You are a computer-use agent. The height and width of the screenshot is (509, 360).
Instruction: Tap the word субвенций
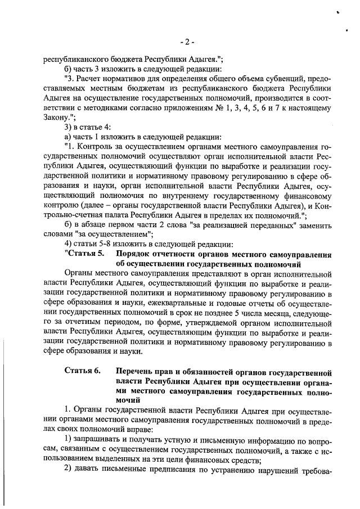[x=282, y=78]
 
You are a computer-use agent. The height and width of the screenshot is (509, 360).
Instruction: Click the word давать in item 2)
[x=89, y=470]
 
